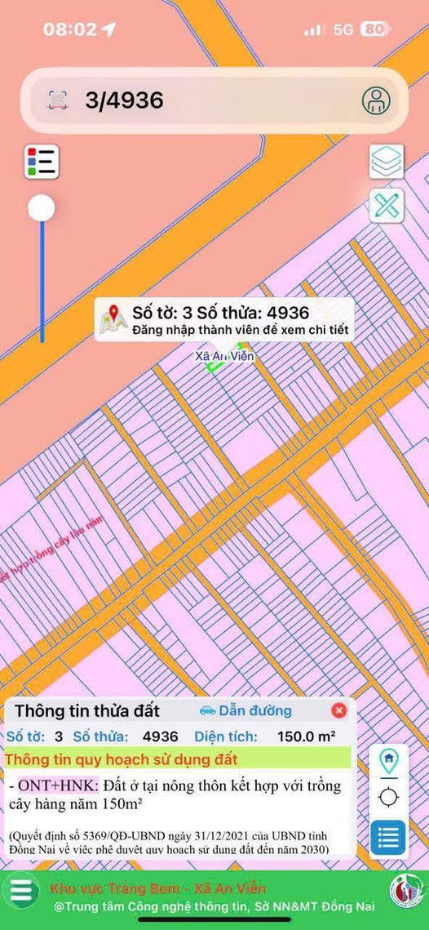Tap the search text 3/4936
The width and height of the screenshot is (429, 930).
(124, 100)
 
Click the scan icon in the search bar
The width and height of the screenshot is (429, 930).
(57, 100)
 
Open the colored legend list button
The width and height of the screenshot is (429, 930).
(42, 161)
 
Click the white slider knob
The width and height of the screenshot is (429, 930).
(42, 208)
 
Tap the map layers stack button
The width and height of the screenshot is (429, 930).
(387, 161)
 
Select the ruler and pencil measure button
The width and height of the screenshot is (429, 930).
(387, 205)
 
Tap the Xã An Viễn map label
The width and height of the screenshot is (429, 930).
(226, 357)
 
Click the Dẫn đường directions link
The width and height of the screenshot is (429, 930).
(245, 710)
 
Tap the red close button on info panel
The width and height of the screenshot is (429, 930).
(339, 710)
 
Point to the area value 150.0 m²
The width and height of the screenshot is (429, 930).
(306, 736)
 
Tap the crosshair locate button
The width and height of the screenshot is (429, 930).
(389, 796)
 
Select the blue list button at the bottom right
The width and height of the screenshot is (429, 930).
(389, 836)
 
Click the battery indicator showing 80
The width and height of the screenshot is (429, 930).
(374, 29)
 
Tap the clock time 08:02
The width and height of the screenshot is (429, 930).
(70, 29)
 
